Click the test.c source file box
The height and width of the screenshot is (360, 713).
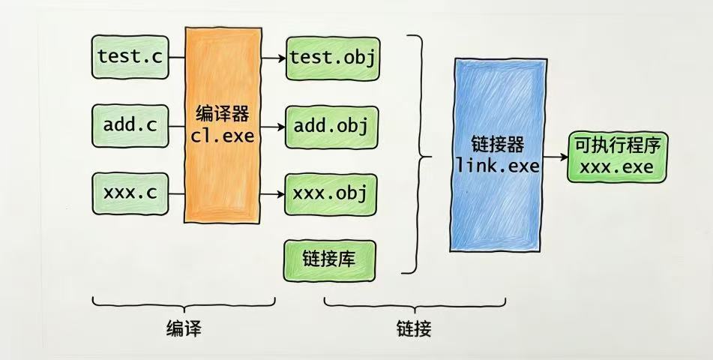coord(130,56)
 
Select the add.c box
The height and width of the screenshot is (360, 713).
coord(130,125)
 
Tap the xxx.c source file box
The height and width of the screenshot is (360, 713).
coord(130,193)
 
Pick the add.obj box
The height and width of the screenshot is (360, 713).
coord(331,125)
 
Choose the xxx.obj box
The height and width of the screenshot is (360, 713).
coord(331,193)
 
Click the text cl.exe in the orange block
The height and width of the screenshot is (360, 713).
coord(221,137)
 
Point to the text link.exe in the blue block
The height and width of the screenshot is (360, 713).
coord(497,166)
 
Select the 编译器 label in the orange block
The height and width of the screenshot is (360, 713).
coord(221,115)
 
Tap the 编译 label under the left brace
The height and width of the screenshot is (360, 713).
coord(184,328)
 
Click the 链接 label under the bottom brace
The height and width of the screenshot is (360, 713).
coord(414,328)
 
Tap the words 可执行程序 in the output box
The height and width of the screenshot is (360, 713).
coord(616,145)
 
